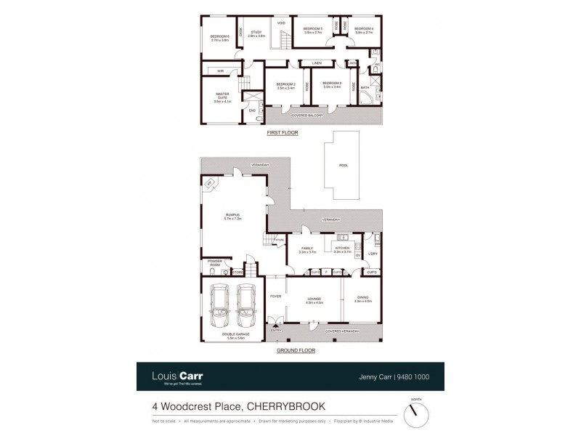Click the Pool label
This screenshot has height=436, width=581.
[x=343, y=165]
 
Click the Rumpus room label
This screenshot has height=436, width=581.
[x=232, y=216]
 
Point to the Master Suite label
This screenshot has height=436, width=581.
[x=222, y=97]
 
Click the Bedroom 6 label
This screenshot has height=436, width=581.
[x=219, y=38]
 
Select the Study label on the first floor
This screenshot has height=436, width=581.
[x=256, y=33]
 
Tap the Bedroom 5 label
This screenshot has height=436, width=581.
[x=312, y=31]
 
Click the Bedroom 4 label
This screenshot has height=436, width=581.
[x=363, y=31]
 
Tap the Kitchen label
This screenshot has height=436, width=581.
[x=342, y=249]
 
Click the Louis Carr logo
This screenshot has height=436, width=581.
[x=176, y=376]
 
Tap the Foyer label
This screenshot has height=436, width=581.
[x=275, y=296]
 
